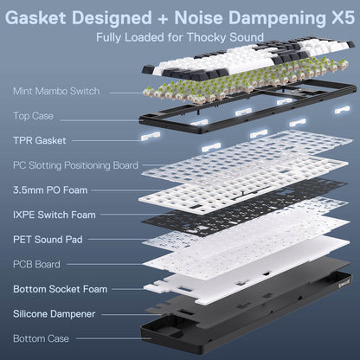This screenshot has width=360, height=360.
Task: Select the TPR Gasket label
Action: (38, 139)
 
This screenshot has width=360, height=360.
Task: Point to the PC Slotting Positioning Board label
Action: (75, 164)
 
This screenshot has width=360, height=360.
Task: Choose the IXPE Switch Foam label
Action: (54, 214)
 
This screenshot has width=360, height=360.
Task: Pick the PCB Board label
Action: (35, 264)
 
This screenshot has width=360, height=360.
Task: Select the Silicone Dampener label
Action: (54, 313)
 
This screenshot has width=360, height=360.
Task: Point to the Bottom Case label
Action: (40, 338)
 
